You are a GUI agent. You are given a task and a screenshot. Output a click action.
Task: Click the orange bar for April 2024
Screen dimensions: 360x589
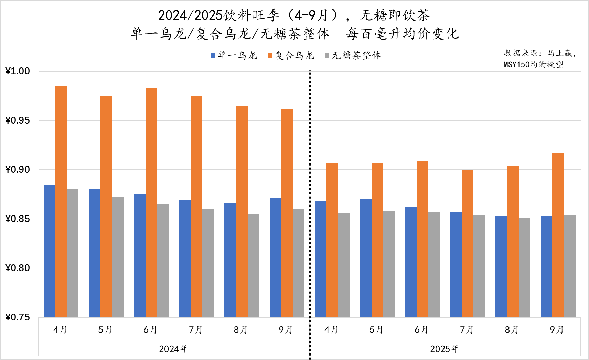point(61,201)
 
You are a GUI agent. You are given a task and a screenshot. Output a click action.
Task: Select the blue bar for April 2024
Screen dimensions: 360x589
point(50,251)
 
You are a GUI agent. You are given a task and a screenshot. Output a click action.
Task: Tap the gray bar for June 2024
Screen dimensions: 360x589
point(163,261)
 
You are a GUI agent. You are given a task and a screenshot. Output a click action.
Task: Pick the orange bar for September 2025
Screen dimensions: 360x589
point(558,235)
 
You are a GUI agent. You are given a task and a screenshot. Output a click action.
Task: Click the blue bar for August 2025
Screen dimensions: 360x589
point(501,267)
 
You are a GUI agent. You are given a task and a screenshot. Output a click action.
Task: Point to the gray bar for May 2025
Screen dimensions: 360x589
point(389,264)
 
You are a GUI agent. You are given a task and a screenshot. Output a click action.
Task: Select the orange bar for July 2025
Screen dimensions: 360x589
point(468,243)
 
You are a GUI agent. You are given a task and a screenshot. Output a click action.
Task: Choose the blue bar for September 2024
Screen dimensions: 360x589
point(275,257)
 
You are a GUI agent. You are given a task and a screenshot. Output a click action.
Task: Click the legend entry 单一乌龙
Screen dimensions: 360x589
point(234,55)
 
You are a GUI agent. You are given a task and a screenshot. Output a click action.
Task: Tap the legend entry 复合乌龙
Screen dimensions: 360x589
point(291,55)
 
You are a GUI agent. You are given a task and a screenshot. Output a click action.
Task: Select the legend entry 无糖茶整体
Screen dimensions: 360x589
point(353,55)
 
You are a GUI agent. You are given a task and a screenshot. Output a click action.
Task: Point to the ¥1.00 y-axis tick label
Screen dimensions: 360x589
point(18,71)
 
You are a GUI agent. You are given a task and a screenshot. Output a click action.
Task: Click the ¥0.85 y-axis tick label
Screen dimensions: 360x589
point(18,219)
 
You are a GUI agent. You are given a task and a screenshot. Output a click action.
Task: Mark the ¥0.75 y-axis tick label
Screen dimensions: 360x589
point(18,317)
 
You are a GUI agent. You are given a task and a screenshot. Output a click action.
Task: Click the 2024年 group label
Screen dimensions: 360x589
point(173,349)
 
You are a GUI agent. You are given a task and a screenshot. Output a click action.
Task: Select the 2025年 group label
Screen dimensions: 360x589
point(445,349)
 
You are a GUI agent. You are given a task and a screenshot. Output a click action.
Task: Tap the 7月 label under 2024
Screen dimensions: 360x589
point(196,330)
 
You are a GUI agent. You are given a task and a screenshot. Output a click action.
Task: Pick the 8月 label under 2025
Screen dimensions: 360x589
point(512,330)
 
